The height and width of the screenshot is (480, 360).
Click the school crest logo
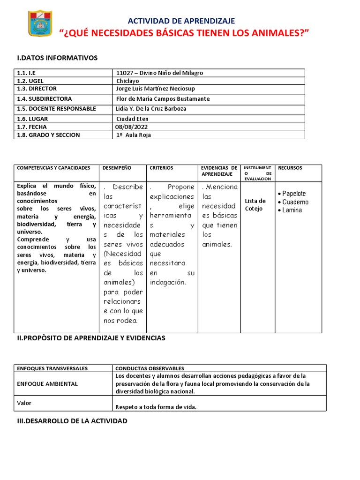point(40,23)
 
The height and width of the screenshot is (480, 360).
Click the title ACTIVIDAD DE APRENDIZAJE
point(182,21)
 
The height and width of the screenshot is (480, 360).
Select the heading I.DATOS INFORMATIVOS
point(57,58)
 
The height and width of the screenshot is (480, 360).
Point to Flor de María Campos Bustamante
point(163,99)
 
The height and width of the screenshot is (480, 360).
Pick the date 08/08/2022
point(132,127)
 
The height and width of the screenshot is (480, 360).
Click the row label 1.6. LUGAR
point(32,119)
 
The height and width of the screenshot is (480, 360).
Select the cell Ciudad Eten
point(132,119)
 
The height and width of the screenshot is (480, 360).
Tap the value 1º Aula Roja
point(134,135)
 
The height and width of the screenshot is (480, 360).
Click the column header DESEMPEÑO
point(118,168)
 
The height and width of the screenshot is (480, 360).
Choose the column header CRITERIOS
point(161,168)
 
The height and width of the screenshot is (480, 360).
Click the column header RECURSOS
point(290,168)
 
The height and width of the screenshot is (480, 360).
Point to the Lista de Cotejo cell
point(255,205)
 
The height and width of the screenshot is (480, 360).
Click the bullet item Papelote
point(294,194)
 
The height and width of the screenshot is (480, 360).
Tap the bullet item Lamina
point(292,210)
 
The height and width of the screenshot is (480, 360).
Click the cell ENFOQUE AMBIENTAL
point(47,384)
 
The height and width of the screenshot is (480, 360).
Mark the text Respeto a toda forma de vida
point(156,407)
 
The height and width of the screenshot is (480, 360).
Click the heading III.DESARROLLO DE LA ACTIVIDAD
point(72,421)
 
